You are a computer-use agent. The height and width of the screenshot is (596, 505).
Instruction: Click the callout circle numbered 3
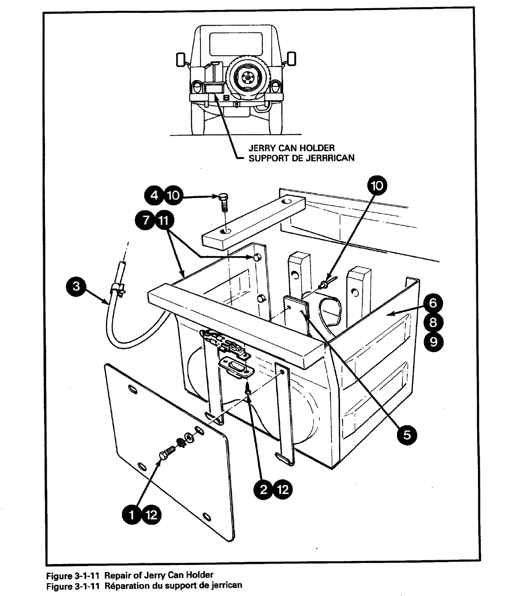click(76, 286)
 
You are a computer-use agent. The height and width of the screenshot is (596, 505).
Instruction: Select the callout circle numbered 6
click(433, 303)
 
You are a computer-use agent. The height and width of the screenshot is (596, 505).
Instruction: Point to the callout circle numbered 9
click(433, 342)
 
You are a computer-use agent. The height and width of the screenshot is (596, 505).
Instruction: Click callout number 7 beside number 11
click(145, 220)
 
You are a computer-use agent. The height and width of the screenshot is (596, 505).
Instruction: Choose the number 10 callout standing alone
click(377, 186)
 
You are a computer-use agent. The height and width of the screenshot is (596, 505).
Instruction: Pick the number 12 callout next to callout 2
click(283, 490)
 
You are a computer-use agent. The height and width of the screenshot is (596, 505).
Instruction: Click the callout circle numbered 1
click(132, 515)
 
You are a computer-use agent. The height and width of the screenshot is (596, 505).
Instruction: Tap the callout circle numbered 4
click(154, 196)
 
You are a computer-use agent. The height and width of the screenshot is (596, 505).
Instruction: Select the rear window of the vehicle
click(236, 44)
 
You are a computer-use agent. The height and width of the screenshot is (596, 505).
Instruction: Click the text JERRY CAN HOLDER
click(291, 148)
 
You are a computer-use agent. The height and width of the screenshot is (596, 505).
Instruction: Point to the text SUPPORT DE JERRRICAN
click(301, 158)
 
